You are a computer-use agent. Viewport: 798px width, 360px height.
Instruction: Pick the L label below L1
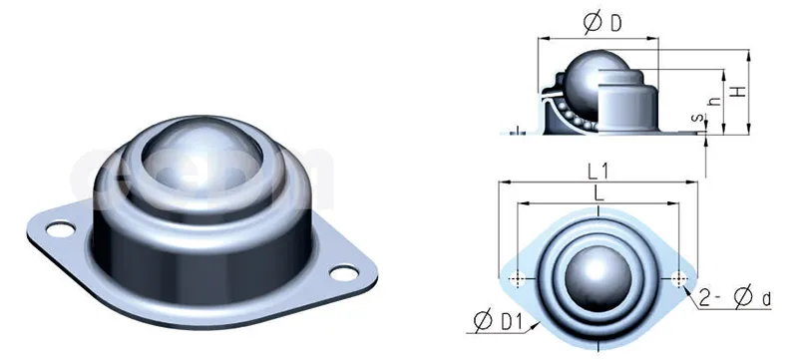[x=598, y=194]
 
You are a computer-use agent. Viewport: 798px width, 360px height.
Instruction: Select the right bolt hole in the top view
[x=679, y=277]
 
